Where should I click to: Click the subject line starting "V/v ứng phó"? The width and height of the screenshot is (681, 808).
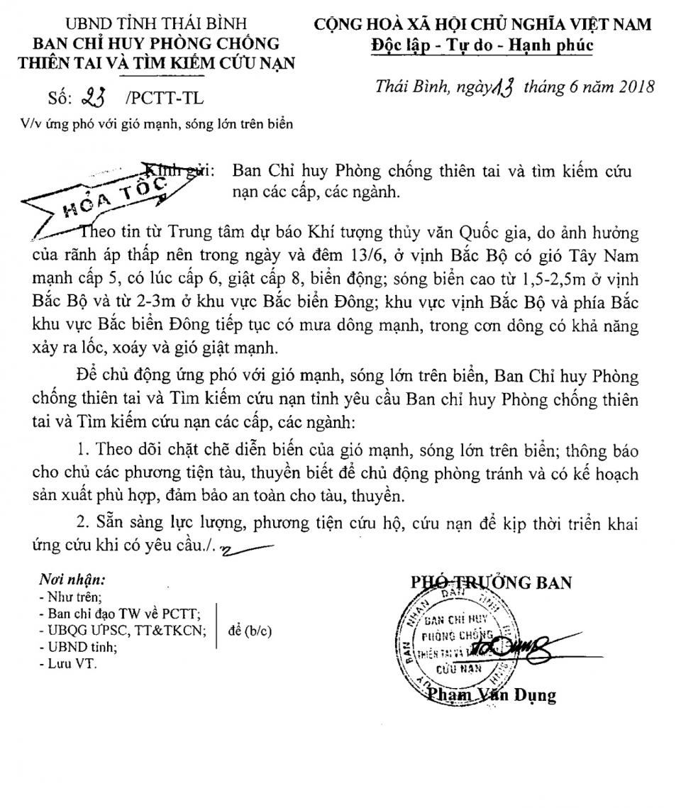coord(156,123)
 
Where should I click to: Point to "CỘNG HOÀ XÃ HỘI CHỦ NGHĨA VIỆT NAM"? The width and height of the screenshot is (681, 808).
coord(483,25)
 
